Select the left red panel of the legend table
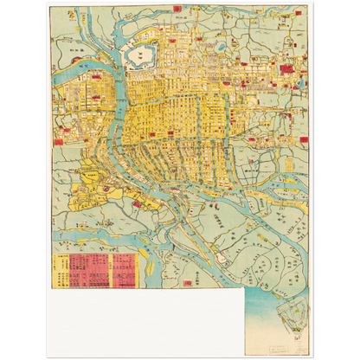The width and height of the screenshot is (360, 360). tap(87, 270)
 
